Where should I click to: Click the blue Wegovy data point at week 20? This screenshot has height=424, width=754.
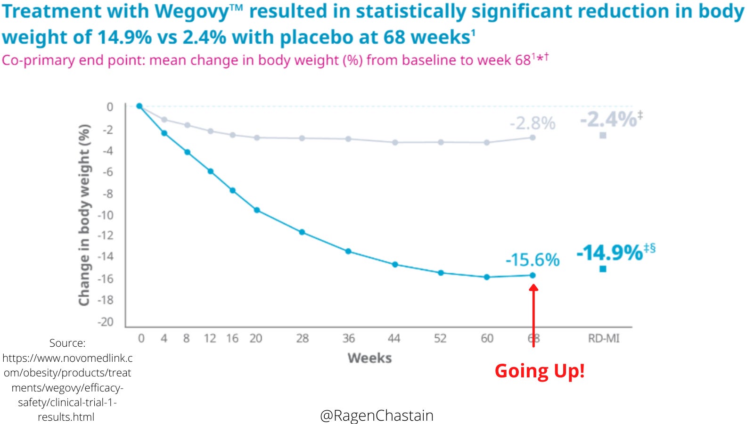pyautogui.click(x=257, y=210)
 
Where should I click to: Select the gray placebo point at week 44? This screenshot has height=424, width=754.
pyautogui.click(x=395, y=142)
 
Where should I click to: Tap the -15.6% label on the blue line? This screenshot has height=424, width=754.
pyautogui.click(x=532, y=260)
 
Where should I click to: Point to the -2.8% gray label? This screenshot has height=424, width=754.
pyautogui.click(x=533, y=123)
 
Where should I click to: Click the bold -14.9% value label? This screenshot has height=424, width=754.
pyautogui.click(x=610, y=253)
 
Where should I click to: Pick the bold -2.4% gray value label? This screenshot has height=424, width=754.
pyautogui.click(x=608, y=120)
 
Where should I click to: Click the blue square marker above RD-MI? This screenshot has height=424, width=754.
pyautogui.click(x=603, y=269)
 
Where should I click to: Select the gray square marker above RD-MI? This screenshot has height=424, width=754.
pyautogui.click(x=603, y=136)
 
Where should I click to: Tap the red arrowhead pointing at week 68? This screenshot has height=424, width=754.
pyautogui.click(x=533, y=288)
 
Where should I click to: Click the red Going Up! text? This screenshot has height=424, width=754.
pyautogui.click(x=540, y=371)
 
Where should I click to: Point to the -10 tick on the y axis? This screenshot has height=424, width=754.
pyautogui.click(x=106, y=215)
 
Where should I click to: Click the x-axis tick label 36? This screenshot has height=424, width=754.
pyautogui.click(x=348, y=338)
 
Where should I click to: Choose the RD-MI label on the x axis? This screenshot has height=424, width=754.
pyautogui.click(x=604, y=338)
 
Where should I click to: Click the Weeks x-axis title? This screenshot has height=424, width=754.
pyautogui.click(x=369, y=358)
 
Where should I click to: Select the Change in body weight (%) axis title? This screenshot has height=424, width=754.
pyautogui.click(x=84, y=215)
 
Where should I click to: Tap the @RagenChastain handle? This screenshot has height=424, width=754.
pyautogui.click(x=377, y=416)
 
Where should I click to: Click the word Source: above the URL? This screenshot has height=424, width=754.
pyautogui.click(x=67, y=343)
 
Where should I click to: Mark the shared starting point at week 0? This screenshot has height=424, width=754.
pyautogui.click(x=139, y=106)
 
